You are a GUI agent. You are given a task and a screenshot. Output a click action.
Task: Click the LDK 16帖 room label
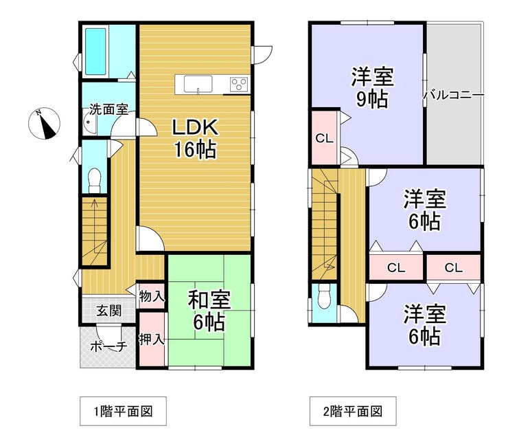pos(195,139)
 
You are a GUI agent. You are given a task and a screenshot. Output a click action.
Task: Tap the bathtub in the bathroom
pos(95,52)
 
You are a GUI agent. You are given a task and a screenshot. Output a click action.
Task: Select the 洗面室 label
pos(108,109)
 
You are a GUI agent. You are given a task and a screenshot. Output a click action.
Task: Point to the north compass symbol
pos(44,123)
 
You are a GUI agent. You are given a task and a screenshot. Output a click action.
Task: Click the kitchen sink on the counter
pos(198,85)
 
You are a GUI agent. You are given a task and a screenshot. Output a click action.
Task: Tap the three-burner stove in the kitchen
pos(239,85)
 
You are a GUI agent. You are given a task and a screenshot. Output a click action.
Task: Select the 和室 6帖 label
pos(209,311)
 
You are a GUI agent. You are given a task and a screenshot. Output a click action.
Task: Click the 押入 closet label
pos(152,339)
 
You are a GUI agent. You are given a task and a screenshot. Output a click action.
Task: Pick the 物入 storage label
pos(152,296)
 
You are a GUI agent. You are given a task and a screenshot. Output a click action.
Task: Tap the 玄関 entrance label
pos(109,311)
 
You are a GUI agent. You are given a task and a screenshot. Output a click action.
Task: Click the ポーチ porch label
pos(108,347)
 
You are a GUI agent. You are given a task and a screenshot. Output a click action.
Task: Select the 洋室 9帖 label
pos(372,87)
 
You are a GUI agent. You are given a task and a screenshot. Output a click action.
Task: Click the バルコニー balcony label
pos(454,96)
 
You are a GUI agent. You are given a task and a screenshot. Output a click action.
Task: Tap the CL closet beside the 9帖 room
pos(324,139)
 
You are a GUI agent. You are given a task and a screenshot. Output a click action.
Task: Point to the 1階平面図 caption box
pos(123,411)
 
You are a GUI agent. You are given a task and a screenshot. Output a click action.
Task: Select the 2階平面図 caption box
pos(353,411)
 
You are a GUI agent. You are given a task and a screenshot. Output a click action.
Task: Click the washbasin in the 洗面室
pos(89,122)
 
